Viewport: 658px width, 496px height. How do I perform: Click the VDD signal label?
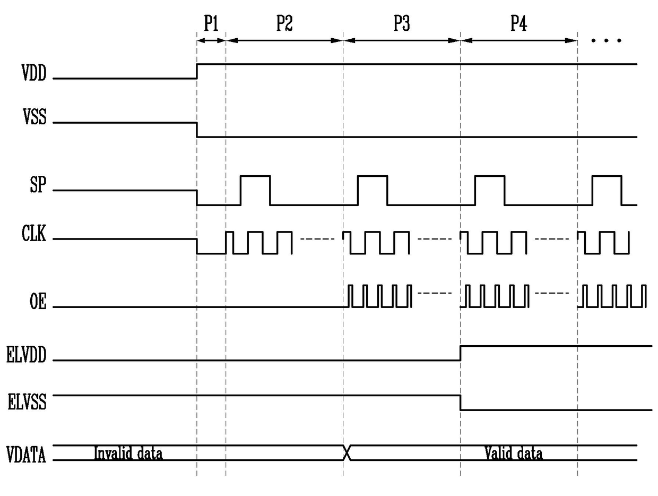(34, 74)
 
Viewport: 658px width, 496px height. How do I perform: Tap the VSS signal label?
(34, 118)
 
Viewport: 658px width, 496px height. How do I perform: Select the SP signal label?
(37, 186)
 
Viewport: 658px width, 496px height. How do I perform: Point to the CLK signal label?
(34, 235)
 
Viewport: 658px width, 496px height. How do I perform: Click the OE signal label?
(37, 303)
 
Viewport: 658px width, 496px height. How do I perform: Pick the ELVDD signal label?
(27, 356)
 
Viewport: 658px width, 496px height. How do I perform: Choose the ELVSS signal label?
(27, 402)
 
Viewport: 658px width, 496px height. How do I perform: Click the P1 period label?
(211, 24)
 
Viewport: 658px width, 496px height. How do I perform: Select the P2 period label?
(284, 24)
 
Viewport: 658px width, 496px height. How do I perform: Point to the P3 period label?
(401, 24)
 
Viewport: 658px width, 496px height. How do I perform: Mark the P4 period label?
(518, 24)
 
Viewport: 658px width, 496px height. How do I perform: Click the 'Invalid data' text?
(128, 454)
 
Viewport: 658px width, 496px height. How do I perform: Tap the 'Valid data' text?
(514, 454)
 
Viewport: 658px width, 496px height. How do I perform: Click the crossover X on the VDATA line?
(347, 452)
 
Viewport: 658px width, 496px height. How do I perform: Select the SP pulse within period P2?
(255, 183)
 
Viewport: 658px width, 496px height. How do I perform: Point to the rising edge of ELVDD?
(460, 353)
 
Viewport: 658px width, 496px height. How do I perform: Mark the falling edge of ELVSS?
(460, 403)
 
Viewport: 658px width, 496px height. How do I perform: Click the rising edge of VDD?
(197, 71)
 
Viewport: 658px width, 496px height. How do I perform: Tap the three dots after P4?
(606, 40)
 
